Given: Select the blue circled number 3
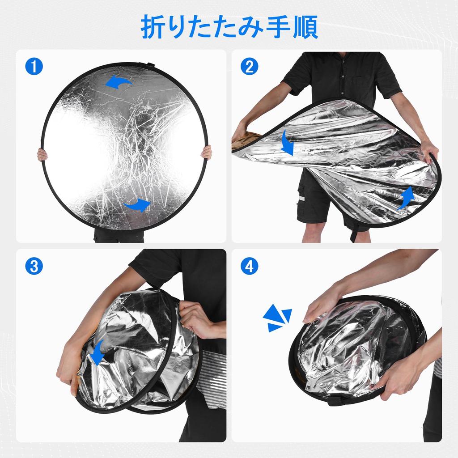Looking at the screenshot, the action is [34, 266].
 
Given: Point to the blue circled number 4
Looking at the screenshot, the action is [249, 266].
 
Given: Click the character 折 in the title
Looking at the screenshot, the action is [152, 27].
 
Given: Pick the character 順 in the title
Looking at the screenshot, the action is [305, 27].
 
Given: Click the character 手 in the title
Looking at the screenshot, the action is [279, 27].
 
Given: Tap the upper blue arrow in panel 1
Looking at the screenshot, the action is [118, 82].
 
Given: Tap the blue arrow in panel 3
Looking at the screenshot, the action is [97, 352].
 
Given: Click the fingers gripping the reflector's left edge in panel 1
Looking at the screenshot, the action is [42, 154].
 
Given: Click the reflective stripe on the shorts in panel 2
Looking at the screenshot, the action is [301, 198].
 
